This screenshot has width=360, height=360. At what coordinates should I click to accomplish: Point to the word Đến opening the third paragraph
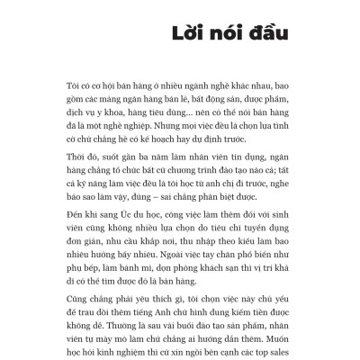(x=77, y=220)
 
